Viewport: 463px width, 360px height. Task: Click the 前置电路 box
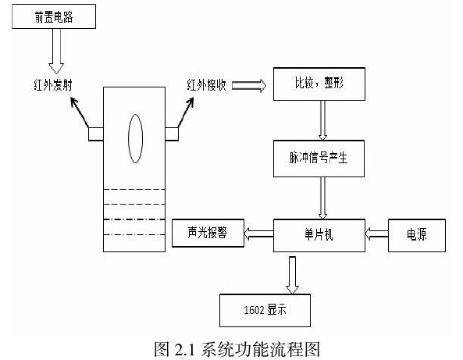[x=54, y=16]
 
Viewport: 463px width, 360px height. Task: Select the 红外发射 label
[x=53, y=85]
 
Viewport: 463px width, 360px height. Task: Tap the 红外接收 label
[x=206, y=85]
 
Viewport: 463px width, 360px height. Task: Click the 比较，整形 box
[x=319, y=84]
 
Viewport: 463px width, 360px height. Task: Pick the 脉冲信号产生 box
[x=319, y=159]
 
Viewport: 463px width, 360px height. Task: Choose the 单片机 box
[x=319, y=235]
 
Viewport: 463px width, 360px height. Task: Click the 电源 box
[x=417, y=235]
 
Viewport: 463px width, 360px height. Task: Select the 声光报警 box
[x=208, y=233]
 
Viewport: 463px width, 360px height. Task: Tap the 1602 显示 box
[x=265, y=310]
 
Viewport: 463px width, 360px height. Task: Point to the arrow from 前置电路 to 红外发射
[x=56, y=51]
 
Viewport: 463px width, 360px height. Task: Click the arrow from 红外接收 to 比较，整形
[x=249, y=85]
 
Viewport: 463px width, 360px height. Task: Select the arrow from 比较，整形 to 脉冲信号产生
[x=322, y=120]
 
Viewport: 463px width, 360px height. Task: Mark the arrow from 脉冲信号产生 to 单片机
[x=322, y=198]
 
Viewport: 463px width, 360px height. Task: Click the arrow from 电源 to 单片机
[x=376, y=234]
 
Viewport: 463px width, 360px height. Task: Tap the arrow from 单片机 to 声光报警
[x=258, y=234]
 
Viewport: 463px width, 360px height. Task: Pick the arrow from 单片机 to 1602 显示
[x=292, y=275]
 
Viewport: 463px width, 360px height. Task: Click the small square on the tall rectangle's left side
[x=96, y=134]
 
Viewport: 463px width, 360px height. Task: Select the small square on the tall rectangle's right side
[x=172, y=134]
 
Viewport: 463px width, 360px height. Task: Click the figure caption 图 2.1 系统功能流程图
[x=237, y=350]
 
